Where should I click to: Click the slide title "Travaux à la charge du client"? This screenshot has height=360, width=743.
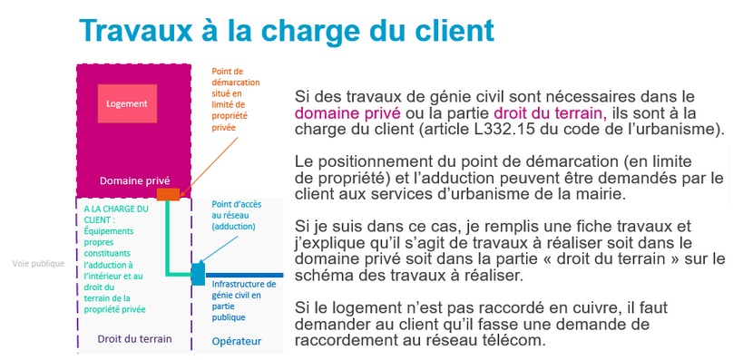287,31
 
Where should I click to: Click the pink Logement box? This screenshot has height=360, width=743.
127,103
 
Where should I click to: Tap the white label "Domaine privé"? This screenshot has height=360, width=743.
134,180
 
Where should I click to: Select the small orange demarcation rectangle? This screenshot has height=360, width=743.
168,194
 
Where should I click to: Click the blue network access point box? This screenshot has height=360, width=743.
198,274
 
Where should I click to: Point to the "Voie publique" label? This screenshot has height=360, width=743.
38,264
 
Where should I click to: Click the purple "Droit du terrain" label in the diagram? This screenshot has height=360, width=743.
134,338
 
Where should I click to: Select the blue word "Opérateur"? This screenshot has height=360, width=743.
237,342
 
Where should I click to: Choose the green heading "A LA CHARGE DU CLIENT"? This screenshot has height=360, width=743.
116,214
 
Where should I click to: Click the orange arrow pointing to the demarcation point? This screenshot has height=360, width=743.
209,167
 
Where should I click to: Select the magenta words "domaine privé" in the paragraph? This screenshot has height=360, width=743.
347,113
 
